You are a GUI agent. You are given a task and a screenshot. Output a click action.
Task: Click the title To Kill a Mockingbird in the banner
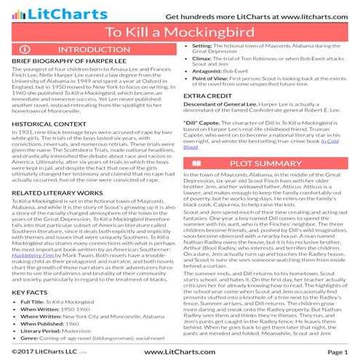(x=180, y=33)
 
